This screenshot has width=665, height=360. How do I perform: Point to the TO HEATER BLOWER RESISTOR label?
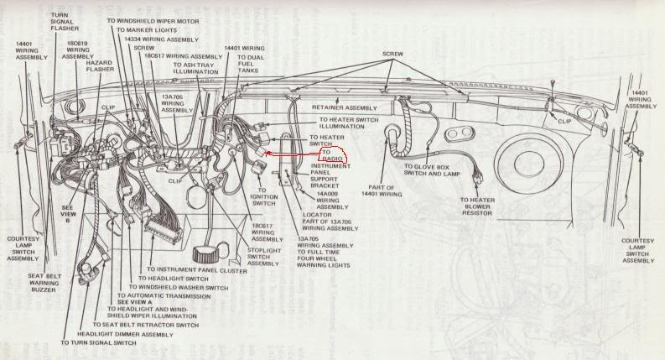click(477, 206)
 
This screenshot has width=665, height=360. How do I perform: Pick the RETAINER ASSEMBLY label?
click(345, 108)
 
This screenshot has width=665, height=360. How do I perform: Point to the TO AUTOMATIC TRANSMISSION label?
click(167, 296)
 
